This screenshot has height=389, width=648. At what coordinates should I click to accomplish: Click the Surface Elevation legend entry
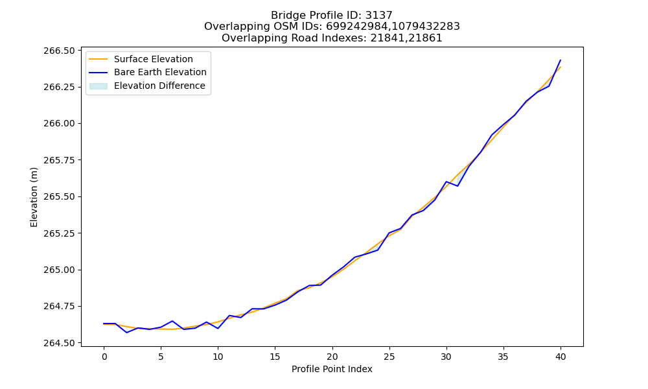click(x=141, y=59)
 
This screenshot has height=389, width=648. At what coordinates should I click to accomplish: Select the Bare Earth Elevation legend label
click(x=160, y=73)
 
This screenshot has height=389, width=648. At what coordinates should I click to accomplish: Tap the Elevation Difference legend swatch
click(x=98, y=86)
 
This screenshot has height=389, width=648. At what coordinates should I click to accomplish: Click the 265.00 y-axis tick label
click(x=60, y=270)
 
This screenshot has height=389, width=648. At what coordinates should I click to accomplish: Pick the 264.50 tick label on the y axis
click(x=60, y=343)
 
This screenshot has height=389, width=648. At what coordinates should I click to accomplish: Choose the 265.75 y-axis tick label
click(x=60, y=160)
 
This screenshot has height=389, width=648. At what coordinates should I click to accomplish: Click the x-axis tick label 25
click(x=389, y=357)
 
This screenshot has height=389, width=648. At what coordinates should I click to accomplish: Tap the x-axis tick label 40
click(x=561, y=357)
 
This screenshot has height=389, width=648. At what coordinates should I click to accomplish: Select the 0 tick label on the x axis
click(x=104, y=357)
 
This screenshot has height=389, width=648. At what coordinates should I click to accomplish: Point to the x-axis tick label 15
click(x=275, y=357)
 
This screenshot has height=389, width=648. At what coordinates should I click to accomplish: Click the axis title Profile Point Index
click(x=332, y=369)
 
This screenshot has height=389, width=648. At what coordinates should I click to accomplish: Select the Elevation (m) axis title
click(x=34, y=197)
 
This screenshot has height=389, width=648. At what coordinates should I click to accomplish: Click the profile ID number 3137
click(x=379, y=16)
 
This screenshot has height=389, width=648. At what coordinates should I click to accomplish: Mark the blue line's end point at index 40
click(x=561, y=60)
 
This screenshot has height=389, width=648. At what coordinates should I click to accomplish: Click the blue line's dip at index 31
click(x=457, y=186)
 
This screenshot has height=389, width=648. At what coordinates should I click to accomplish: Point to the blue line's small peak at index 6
click(x=172, y=321)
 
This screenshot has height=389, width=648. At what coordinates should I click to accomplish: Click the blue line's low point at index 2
click(x=126, y=333)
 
